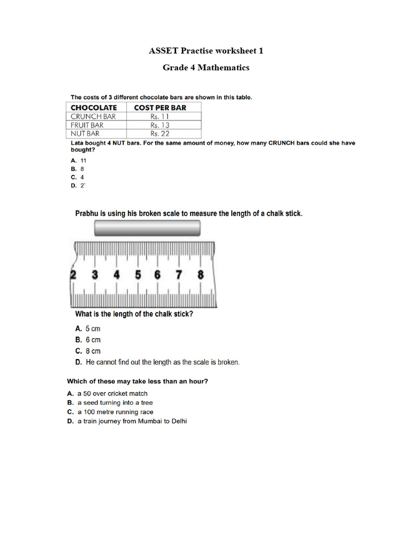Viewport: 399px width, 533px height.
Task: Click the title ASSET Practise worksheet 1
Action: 206,50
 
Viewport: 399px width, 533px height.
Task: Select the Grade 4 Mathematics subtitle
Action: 206,68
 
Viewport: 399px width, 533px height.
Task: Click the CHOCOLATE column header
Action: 94,107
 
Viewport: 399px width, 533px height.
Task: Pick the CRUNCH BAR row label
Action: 94,117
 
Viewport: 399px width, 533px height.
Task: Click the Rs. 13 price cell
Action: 160,125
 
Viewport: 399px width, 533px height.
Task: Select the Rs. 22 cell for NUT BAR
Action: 160,133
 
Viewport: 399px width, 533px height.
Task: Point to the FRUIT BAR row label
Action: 87,125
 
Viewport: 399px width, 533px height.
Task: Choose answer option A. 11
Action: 78,161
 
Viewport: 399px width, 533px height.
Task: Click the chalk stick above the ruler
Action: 147,229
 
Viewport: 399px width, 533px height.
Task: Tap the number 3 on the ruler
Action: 95,275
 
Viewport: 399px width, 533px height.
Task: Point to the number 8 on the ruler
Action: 201,275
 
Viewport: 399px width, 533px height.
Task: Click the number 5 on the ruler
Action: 138,275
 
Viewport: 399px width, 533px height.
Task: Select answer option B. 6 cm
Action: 88,340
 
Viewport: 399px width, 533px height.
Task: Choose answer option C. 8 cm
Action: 88,351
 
